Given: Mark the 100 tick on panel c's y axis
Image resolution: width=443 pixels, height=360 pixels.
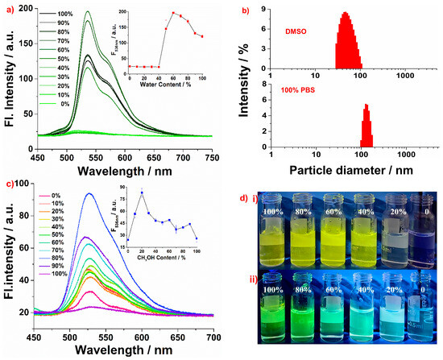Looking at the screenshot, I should tap(27, 184).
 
